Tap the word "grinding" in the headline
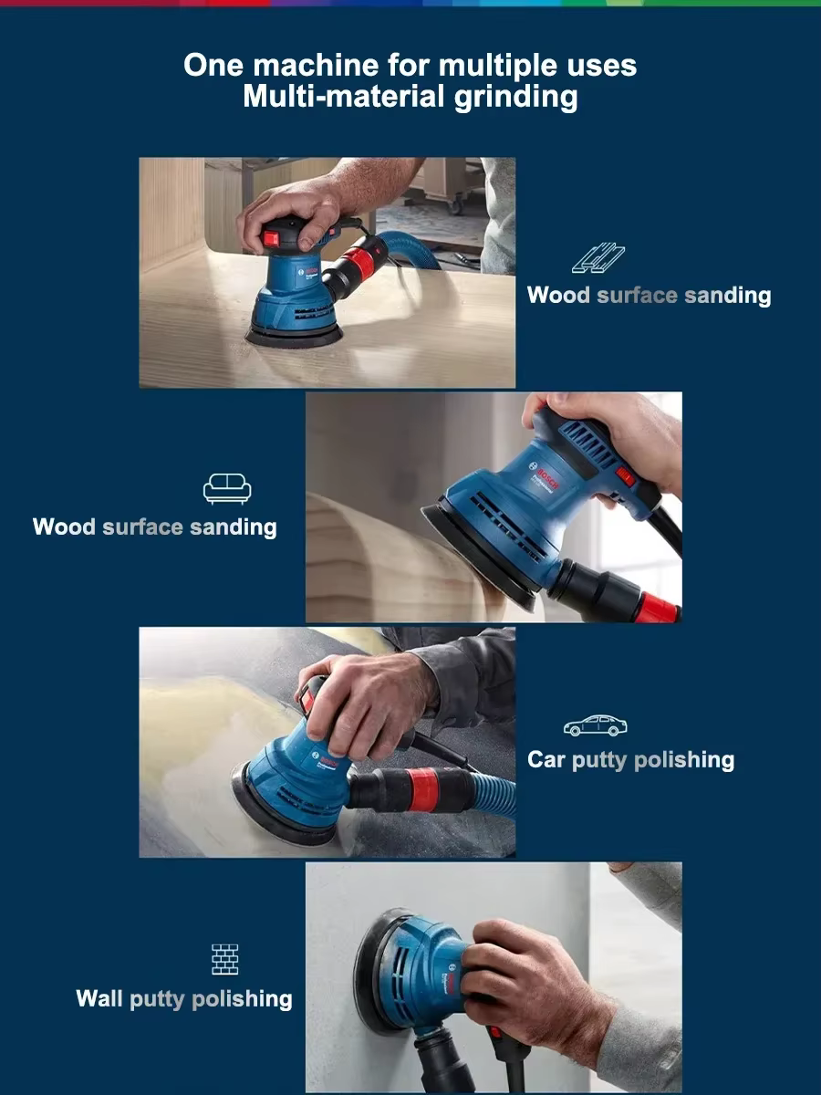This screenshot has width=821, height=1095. click(516, 98)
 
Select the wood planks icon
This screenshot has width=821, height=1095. click(598, 258)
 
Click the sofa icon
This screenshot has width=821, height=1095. click(227, 489)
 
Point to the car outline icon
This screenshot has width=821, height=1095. click(595, 725)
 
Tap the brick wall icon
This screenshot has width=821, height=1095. click(224, 959)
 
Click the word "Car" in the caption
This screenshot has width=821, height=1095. click(546, 760)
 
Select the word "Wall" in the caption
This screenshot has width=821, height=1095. click(99, 998)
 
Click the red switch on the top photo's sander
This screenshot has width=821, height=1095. click(271, 239)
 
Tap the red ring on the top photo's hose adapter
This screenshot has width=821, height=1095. click(367, 264)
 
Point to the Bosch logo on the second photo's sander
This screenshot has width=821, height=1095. click(545, 475)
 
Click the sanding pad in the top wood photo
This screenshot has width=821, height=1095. click(294, 336)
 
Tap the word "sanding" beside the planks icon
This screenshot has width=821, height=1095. click(727, 296)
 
